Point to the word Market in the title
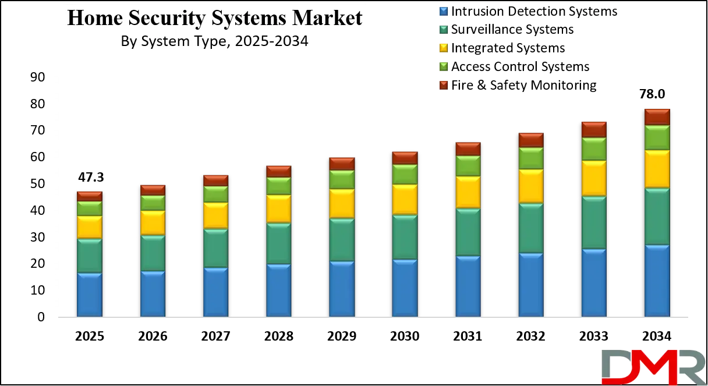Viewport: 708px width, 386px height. (x=327, y=18)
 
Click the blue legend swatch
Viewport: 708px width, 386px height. (x=444, y=11)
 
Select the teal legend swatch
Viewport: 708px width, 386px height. (x=444, y=30)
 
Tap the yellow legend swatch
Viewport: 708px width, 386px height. (x=444, y=48)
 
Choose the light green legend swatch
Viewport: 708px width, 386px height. (x=444, y=67)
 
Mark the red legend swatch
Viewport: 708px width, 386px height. (x=444, y=86)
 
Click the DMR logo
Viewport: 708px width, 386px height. (x=653, y=367)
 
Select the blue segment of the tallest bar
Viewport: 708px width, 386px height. (x=657, y=281)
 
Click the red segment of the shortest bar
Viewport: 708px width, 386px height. (x=90, y=196)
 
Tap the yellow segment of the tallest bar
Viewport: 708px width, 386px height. (x=657, y=169)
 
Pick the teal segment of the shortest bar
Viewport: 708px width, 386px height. (x=90, y=256)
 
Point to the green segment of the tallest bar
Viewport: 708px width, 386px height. (x=657, y=137)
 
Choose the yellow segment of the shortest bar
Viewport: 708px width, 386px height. (x=90, y=227)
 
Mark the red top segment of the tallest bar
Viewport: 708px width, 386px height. (x=657, y=116)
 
